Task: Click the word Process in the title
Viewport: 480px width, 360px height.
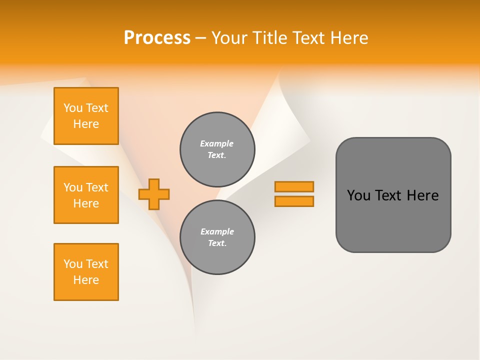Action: pos(157,38)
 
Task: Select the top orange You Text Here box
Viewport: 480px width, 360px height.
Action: pos(86,116)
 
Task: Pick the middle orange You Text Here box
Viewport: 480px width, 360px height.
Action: pos(86,195)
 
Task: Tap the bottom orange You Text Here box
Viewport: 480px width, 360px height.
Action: pos(86,272)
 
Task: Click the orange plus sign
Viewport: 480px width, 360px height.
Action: pos(154,194)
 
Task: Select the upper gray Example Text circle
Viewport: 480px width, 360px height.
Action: pos(217,149)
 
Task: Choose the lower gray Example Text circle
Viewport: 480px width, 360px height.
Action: pos(217,237)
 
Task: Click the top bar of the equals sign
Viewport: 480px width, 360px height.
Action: pos(294,186)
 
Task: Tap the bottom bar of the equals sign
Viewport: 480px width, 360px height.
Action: pos(294,201)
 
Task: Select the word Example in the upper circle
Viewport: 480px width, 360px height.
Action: pos(217,143)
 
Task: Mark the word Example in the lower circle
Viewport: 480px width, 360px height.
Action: pos(217,231)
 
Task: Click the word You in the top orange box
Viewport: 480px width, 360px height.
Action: pos(73,108)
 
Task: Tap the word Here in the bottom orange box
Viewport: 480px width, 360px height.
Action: pos(86,280)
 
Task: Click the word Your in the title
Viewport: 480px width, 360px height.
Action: pos(229,38)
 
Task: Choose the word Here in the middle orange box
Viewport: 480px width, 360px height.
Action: pos(86,203)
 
